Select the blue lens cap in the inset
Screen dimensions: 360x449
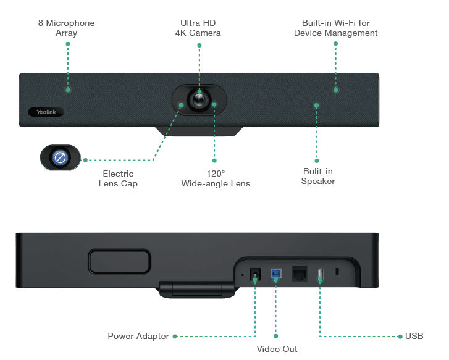(60, 158)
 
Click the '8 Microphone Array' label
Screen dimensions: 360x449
(66, 28)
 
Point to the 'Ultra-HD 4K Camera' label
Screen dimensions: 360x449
(199, 28)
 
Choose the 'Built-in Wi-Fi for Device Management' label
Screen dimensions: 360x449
(335, 28)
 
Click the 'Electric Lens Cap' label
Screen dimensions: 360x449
(119, 179)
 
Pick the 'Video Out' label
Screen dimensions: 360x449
(276, 350)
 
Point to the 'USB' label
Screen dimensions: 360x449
(414, 337)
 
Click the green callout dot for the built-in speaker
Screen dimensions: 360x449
(317, 104)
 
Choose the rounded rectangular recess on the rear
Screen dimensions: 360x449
(119, 261)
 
